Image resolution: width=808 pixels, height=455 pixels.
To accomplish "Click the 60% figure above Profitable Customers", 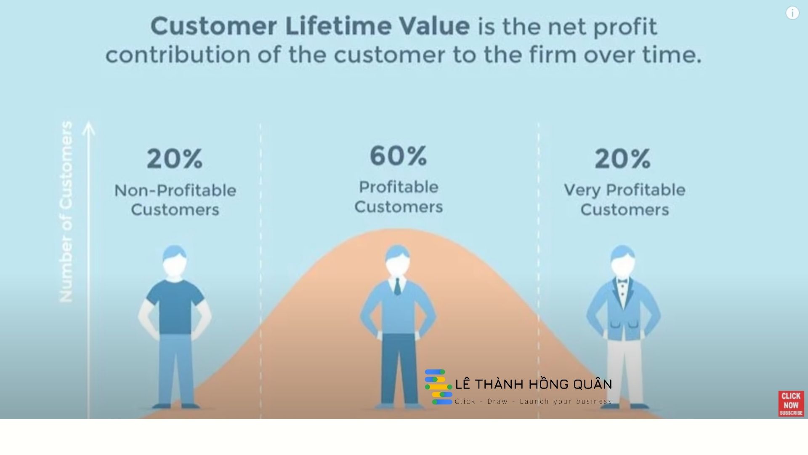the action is pyautogui.click(x=398, y=155).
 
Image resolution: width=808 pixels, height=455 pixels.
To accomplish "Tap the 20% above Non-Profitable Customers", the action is pyautogui.click(x=175, y=159).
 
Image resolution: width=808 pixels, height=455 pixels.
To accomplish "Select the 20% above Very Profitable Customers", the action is pyautogui.click(x=623, y=159).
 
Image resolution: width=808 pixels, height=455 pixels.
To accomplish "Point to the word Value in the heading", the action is pyautogui.click(x=434, y=26).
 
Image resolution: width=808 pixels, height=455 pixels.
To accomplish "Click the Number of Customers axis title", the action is pyautogui.click(x=66, y=211).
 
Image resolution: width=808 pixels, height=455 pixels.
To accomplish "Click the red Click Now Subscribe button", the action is pyautogui.click(x=791, y=404).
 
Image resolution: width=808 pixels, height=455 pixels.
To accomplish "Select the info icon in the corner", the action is pyautogui.click(x=792, y=13).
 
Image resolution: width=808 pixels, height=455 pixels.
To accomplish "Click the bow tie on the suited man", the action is pyautogui.click(x=622, y=281).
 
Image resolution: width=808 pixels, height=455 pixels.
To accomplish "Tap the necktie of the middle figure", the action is pyautogui.click(x=397, y=286).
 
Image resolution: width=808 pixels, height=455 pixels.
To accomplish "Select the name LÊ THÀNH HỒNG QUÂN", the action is pyautogui.click(x=534, y=384).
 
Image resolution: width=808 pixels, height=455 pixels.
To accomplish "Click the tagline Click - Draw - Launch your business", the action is pyautogui.click(x=533, y=401).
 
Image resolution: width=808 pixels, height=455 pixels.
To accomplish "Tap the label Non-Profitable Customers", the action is pyautogui.click(x=175, y=200).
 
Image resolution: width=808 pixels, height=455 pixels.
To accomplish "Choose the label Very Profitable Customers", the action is pyautogui.click(x=625, y=200).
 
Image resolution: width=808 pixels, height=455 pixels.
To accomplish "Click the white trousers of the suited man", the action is pyautogui.click(x=625, y=371).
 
